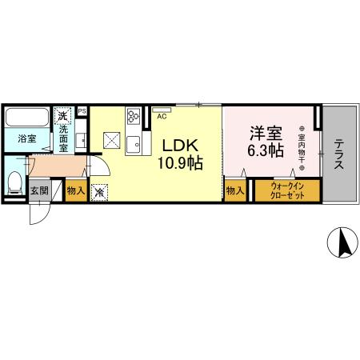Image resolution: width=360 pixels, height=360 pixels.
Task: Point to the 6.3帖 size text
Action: pyautogui.click(x=265, y=150)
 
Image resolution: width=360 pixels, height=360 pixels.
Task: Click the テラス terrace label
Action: pyautogui.click(x=339, y=154)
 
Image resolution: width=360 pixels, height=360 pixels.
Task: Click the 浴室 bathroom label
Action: pyautogui.click(x=26, y=138)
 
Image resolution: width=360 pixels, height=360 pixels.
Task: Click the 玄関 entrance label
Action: pyautogui.click(x=39, y=191)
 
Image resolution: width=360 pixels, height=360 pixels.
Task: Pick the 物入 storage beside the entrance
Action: pyautogui.click(x=75, y=191)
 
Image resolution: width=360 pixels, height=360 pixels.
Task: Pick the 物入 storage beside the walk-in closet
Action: pyautogui.click(x=234, y=191)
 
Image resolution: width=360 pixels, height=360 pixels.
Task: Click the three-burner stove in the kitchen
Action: pyautogui.click(x=133, y=118)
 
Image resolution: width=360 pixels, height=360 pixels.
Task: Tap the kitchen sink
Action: pyautogui.click(x=133, y=145)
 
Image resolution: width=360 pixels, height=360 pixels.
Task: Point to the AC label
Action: pyautogui.click(x=162, y=117)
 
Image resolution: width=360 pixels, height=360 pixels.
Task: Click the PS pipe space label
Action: pyautogui.click(x=82, y=111)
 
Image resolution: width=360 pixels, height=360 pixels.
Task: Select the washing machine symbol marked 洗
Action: pyautogui.click(x=63, y=116)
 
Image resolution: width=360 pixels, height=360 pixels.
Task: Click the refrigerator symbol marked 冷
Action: pyautogui.click(x=99, y=192)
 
